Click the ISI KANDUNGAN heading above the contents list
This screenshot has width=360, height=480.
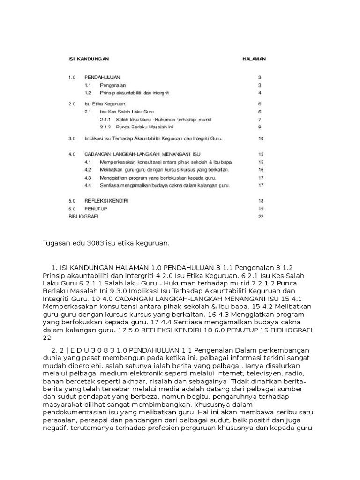[89, 59]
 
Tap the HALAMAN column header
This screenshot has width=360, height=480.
[254, 59]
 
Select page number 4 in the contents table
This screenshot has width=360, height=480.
[259, 93]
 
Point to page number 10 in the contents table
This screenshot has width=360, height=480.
[261, 139]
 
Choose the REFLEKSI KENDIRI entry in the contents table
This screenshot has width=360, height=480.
[106, 200]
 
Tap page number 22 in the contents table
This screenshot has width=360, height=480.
[261, 217]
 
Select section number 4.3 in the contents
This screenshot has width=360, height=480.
[88, 178]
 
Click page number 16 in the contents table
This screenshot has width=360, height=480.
[261, 170]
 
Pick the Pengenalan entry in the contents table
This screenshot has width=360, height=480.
[112, 86]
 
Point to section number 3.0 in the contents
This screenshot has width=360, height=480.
[72, 139]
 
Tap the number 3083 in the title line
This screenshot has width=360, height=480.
[101, 243]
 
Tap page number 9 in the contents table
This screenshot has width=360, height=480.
[259, 127]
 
